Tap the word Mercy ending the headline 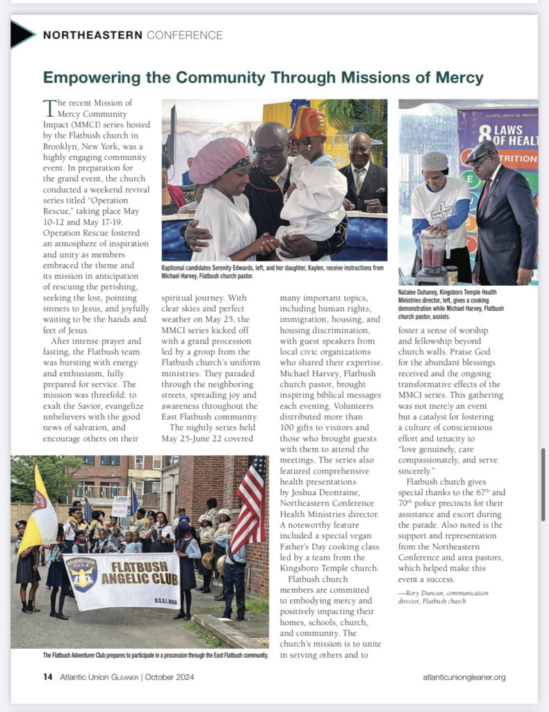(456, 77)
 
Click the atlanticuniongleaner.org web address (464, 677)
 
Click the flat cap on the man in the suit (482, 151)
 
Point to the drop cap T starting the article (49, 108)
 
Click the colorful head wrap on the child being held (309, 122)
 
